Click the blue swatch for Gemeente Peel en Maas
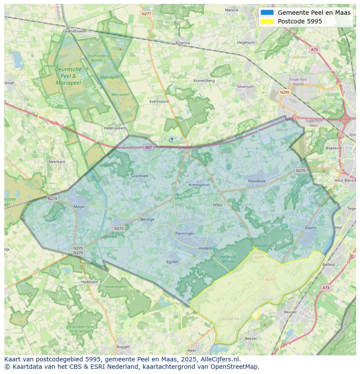tap(267, 13)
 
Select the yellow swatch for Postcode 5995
tap(267, 21)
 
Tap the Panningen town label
tap(185, 233)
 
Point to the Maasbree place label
tap(257, 181)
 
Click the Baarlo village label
tap(311, 228)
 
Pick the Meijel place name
tap(79, 207)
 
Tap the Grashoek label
tap(140, 176)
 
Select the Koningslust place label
tap(199, 185)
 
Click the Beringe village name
tap(147, 219)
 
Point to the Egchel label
tap(173, 262)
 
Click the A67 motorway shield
tap(149, 148)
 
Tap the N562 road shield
tap(217, 205)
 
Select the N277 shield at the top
tap(147, 14)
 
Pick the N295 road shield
tap(285, 93)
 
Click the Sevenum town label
tap(245, 87)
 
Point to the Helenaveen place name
tap(114, 128)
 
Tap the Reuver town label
tap(290, 312)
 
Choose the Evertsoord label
tap(159, 101)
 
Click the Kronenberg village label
tap(204, 80)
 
